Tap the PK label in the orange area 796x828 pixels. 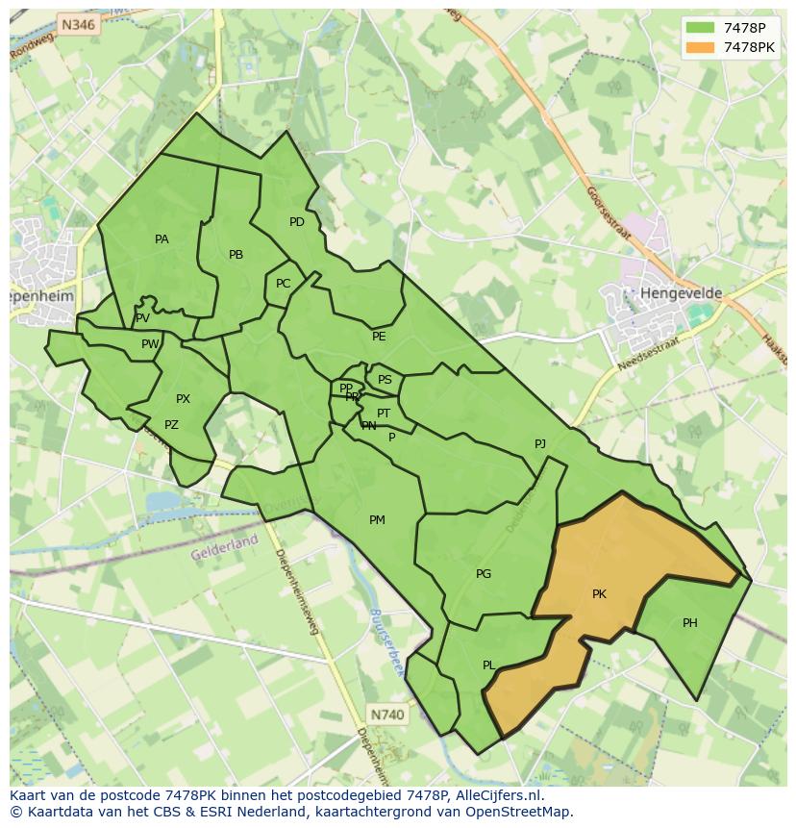(x=599, y=594)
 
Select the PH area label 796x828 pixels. (x=690, y=623)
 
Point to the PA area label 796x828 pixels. (x=162, y=239)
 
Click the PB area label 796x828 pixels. (x=236, y=255)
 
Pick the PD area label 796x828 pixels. (x=297, y=222)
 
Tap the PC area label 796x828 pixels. (x=283, y=284)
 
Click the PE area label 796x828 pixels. (x=379, y=337)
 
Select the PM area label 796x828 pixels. (x=377, y=520)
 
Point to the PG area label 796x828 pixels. (x=484, y=574)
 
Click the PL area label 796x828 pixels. (x=489, y=665)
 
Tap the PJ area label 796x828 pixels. (x=540, y=443)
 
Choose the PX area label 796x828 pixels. (x=183, y=399)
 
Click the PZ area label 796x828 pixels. (x=171, y=425)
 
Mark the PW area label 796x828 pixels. (x=150, y=344)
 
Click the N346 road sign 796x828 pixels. (x=77, y=25)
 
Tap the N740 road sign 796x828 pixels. (x=387, y=715)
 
